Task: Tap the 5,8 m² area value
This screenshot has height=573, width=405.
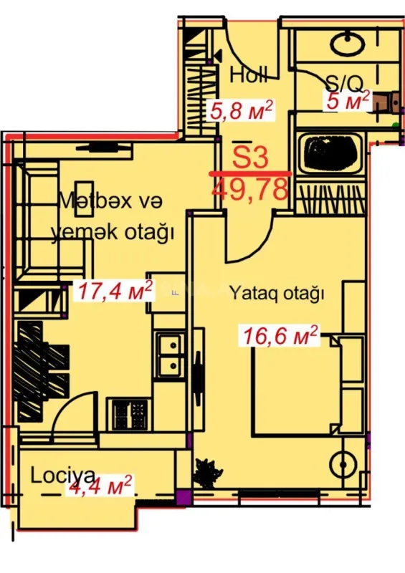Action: [241, 110]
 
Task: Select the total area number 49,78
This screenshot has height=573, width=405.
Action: [251, 189]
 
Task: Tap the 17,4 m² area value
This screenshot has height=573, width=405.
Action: [117, 290]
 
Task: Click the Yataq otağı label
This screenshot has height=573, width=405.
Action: [277, 292]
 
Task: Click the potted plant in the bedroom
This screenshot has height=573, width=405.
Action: [208, 471]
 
